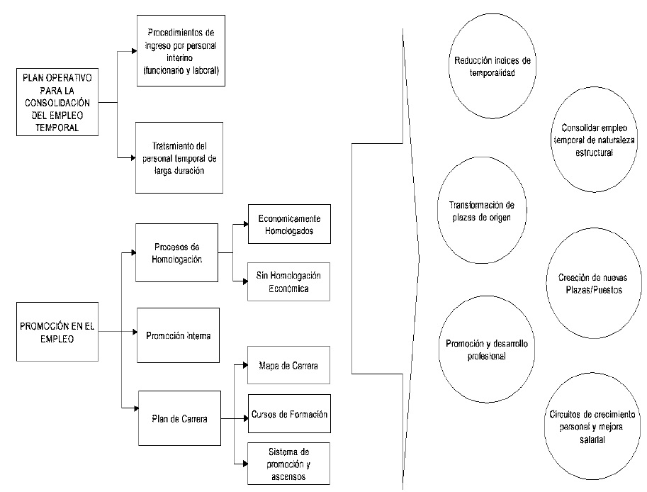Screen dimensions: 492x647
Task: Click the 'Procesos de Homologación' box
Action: click(176, 252)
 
